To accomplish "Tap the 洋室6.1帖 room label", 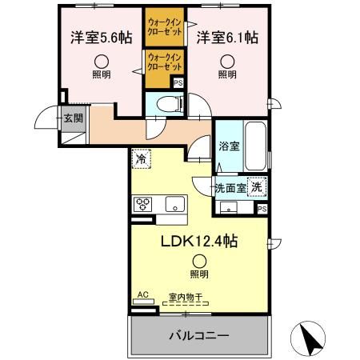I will [228, 38].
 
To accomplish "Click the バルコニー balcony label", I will [198, 334].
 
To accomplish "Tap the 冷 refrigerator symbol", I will [140, 158].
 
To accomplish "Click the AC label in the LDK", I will [143, 295].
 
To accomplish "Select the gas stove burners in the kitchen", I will [143, 203].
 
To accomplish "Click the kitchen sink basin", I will [174, 205].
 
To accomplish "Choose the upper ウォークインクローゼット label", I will [165, 27].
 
